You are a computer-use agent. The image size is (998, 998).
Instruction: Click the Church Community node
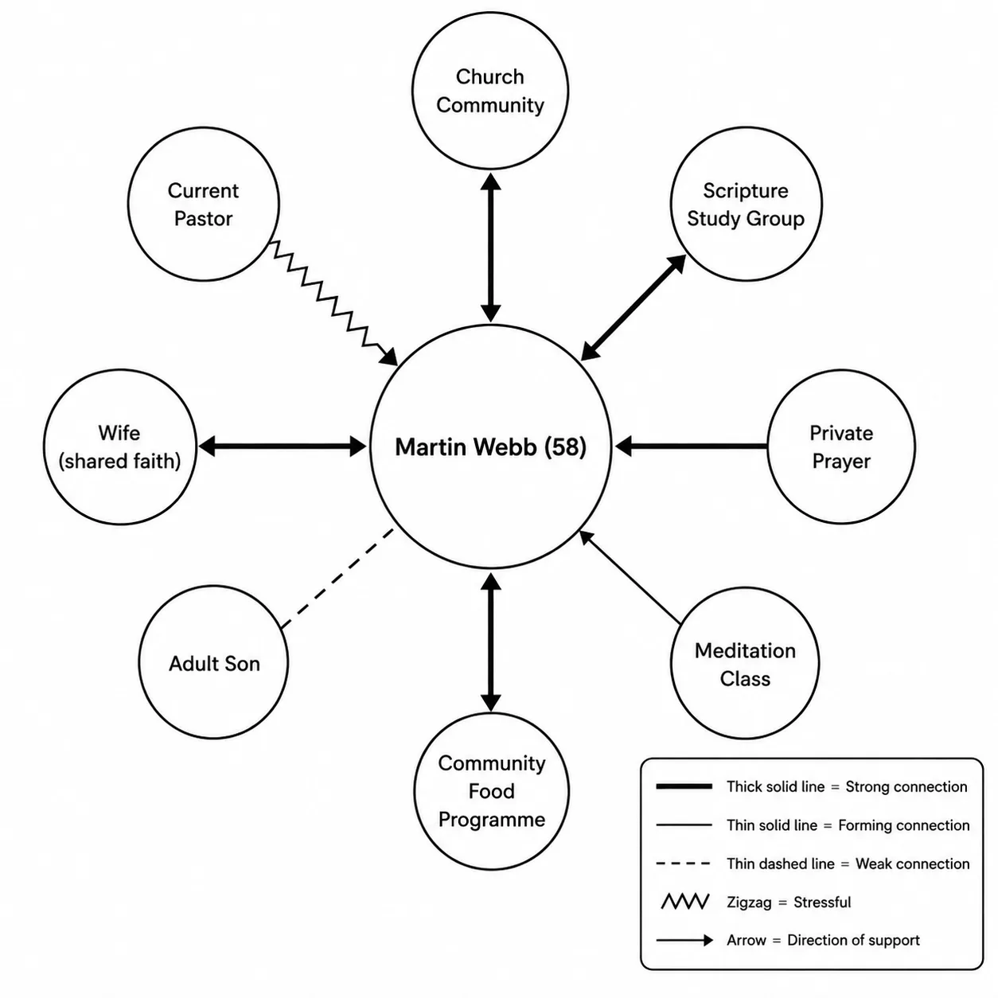tap(489, 91)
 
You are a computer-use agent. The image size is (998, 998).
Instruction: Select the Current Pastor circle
tap(204, 204)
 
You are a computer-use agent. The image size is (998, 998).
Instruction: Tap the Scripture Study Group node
tap(745, 204)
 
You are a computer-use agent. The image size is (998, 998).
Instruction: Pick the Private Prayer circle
tap(840, 446)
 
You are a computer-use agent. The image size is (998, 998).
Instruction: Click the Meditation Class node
tap(745, 664)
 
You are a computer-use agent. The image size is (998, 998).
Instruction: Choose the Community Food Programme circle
tap(491, 791)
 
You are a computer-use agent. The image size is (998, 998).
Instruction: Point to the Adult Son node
tap(213, 662)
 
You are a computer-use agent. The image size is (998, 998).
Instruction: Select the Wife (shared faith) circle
tap(119, 446)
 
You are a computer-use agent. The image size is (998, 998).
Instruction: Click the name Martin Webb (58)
tap(490, 447)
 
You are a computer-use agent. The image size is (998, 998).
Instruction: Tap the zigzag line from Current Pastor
tap(334, 303)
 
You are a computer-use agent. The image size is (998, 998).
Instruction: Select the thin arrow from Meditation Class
tap(630, 576)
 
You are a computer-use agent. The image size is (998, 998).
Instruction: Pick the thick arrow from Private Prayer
tap(692, 446)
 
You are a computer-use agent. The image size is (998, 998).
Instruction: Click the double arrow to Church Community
tap(490, 248)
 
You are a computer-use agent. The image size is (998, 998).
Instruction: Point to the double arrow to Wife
tap(283, 446)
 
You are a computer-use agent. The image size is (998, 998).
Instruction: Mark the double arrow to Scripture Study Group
tap(633, 307)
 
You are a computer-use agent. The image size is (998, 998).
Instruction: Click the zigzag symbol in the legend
tap(684, 902)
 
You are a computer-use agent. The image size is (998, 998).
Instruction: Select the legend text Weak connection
tap(912, 864)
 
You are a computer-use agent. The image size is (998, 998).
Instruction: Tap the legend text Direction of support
tap(853, 940)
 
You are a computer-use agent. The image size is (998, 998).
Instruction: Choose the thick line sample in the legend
tap(684, 786)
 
